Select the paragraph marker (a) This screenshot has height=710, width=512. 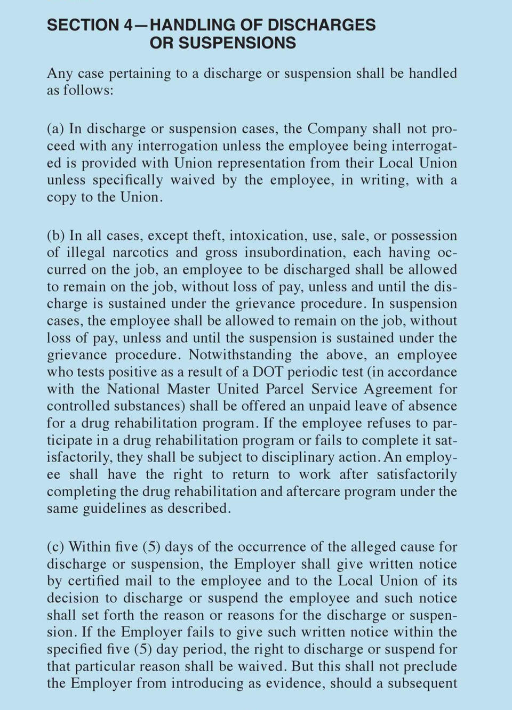(x=55, y=129)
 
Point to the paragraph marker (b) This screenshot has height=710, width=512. (x=56, y=236)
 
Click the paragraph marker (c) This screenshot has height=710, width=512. (x=55, y=547)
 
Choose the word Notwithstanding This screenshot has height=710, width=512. (x=240, y=355)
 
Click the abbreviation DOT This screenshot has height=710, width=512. (x=268, y=372)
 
